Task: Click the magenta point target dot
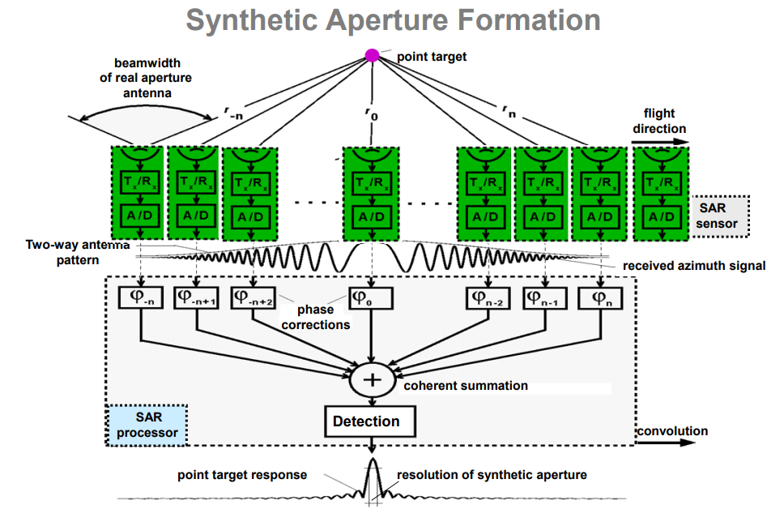[372, 56]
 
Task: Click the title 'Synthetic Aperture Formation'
[393, 19]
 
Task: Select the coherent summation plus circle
[371, 380]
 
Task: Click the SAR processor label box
[147, 426]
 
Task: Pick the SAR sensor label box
[719, 216]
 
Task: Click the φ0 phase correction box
[371, 297]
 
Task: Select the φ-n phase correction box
[141, 297]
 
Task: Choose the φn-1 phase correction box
[545, 297]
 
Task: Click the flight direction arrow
[661, 142]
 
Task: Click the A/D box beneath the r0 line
[371, 216]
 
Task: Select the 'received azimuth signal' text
[694, 266]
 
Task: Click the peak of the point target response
[373, 463]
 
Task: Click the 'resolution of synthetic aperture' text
[492, 475]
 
